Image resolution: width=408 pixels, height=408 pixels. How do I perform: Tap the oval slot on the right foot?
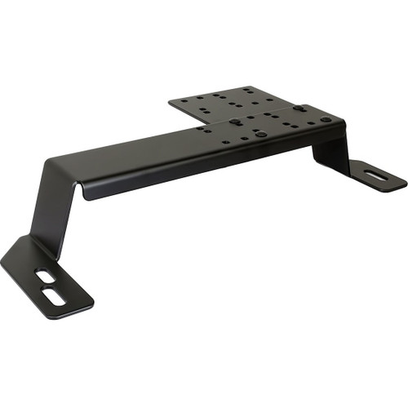[376, 174]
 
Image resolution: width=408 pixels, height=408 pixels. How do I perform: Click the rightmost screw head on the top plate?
[326, 120]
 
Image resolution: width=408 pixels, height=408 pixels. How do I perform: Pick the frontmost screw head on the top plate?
[260, 132]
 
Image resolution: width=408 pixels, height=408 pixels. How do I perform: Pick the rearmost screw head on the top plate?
[300, 107]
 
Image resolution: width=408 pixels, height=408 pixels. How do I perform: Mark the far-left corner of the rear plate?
[170, 102]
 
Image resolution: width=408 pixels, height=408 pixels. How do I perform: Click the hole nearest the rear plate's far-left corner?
[181, 103]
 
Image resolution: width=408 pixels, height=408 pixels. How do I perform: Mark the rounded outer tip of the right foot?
[404, 181]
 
